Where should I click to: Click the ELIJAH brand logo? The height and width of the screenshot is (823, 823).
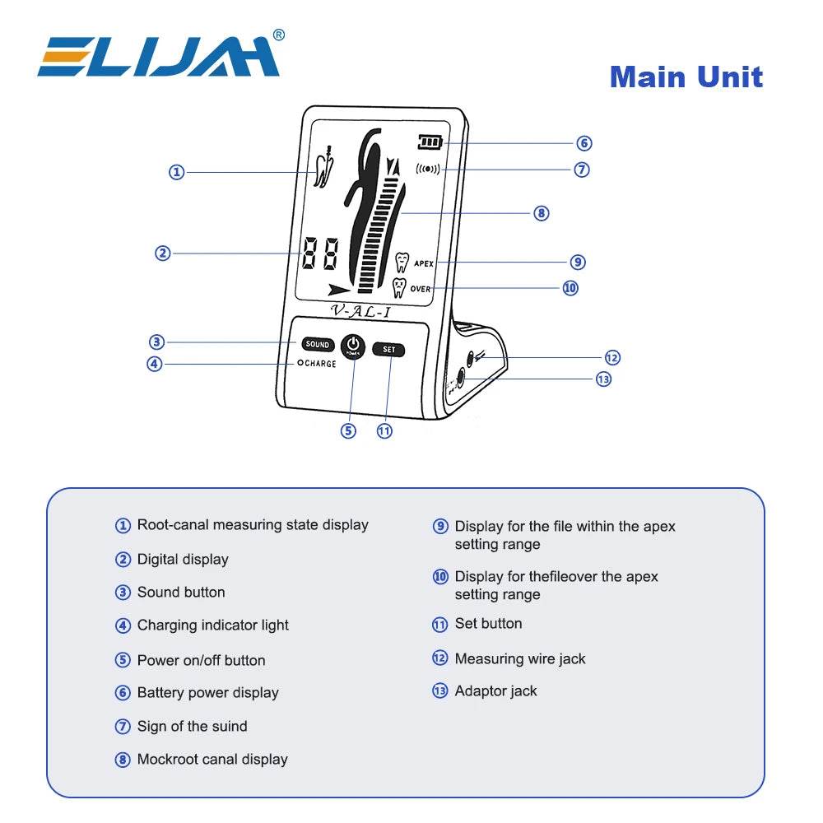pos(160,56)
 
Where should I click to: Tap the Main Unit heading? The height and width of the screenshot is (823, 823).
pos(686,77)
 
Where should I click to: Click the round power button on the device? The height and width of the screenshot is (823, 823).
pos(352,346)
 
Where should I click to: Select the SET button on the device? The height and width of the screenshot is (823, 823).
pos(388,349)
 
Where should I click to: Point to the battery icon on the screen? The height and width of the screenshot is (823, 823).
pos(429,142)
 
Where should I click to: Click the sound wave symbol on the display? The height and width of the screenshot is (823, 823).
pos(428,170)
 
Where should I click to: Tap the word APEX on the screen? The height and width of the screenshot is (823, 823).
pos(423,263)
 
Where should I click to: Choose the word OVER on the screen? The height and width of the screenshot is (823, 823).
pos(420,290)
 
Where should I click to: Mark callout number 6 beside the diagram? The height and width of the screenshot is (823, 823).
pos(584,143)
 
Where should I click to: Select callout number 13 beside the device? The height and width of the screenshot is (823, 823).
pos(603,379)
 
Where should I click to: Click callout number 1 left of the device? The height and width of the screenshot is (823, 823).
pos(176,172)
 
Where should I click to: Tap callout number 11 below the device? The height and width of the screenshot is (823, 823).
pos(384,430)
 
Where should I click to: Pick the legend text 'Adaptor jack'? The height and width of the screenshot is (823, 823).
pos(495,691)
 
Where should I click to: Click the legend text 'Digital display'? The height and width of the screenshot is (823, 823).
pos(183,560)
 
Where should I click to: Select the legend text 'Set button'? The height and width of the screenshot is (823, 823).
pos(488,624)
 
